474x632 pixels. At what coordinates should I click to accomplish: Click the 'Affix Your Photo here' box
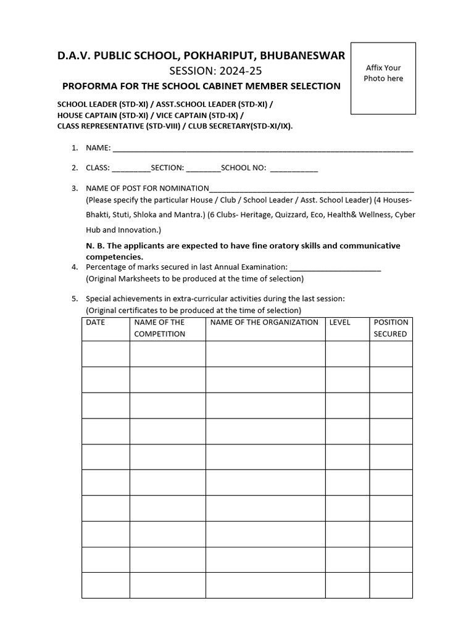pyautogui.click(x=383, y=78)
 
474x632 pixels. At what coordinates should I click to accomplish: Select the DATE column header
pyautogui.click(x=96, y=322)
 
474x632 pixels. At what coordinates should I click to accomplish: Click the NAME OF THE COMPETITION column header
pyautogui.click(x=160, y=328)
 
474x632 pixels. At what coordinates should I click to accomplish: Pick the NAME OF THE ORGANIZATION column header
pyautogui.click(x=264, y=322)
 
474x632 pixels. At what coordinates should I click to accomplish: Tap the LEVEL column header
pyautogui.click(x=340, y=322)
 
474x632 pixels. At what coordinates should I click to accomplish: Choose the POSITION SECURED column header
pyautogui.click(x=391, y=328)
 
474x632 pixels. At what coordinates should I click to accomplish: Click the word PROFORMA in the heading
pyautogui.click(x=91, y=86)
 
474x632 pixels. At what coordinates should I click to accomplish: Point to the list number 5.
pyautogui.click(x=74, y=299)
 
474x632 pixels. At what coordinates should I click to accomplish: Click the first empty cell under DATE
pyautogui.click(x=106, y=354)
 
